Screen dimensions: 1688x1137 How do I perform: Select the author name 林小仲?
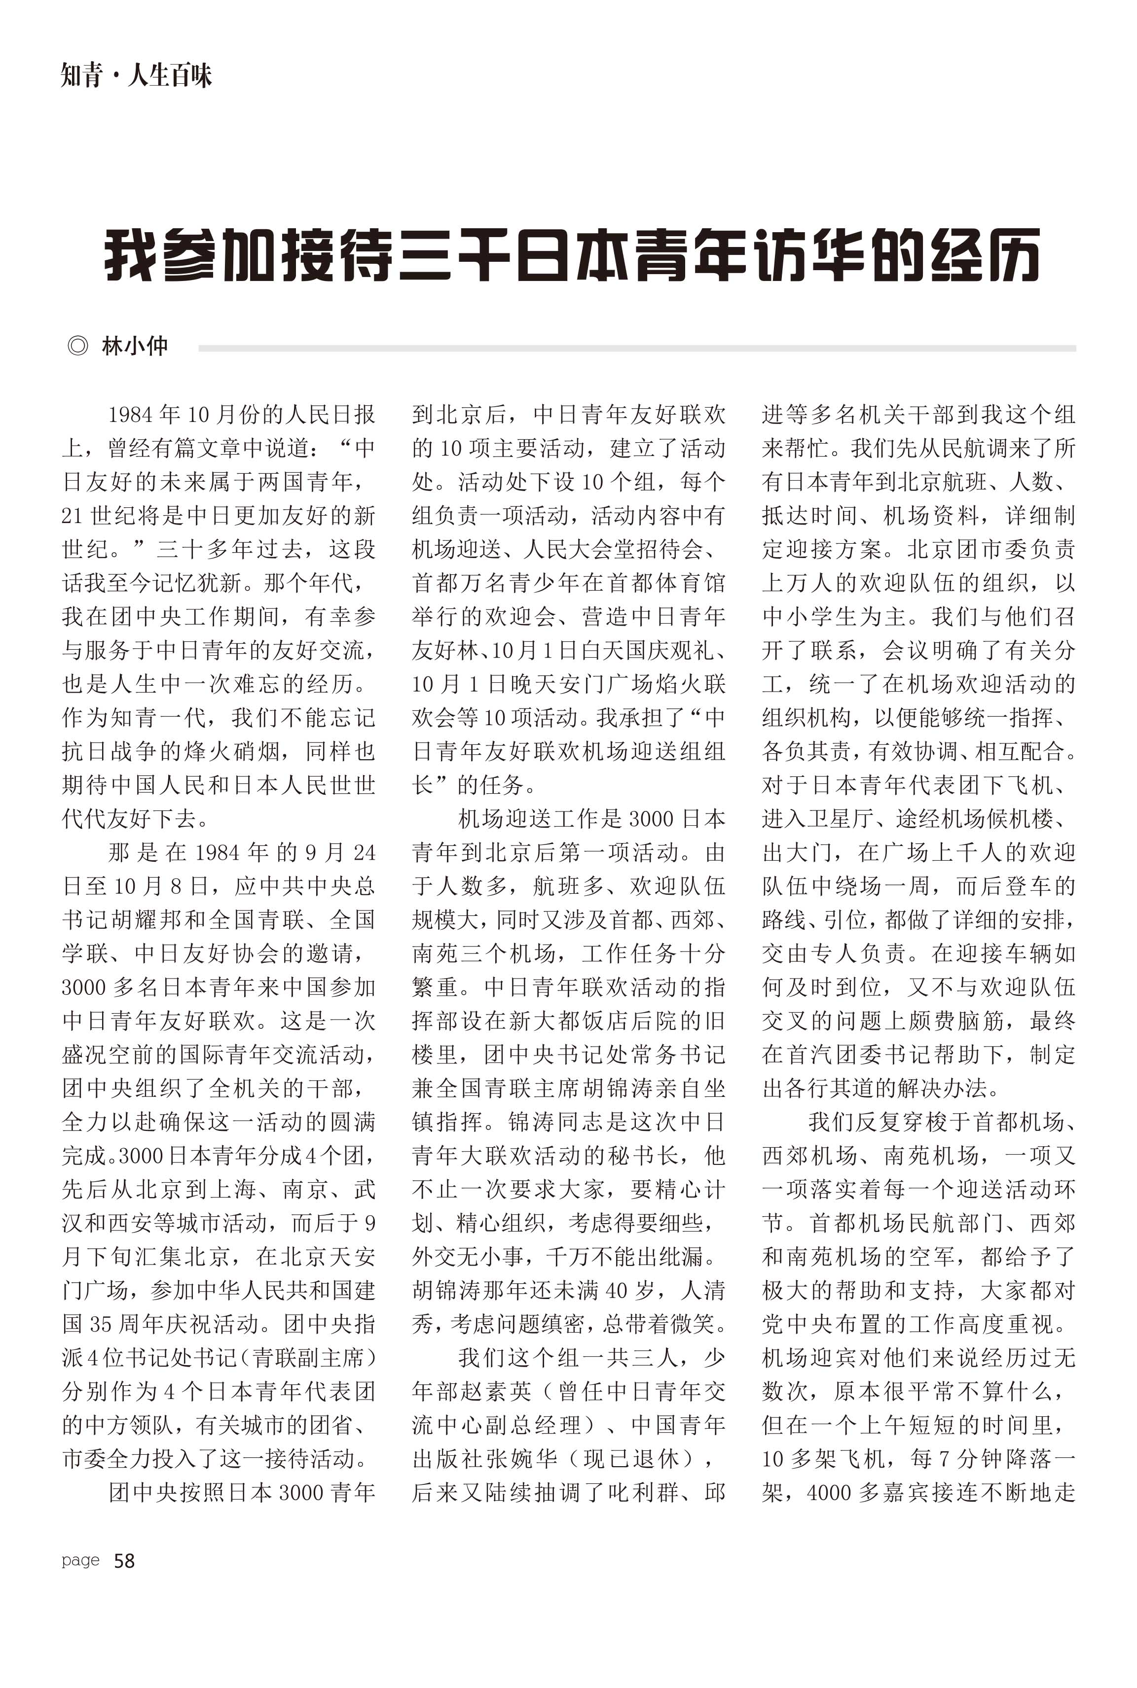(135, 347)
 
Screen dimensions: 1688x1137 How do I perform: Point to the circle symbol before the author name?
(77, 347)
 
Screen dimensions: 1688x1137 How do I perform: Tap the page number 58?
(125, 1560)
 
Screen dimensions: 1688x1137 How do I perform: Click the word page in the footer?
(80, 1560)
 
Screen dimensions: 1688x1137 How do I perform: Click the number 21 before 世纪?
(73, 515)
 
